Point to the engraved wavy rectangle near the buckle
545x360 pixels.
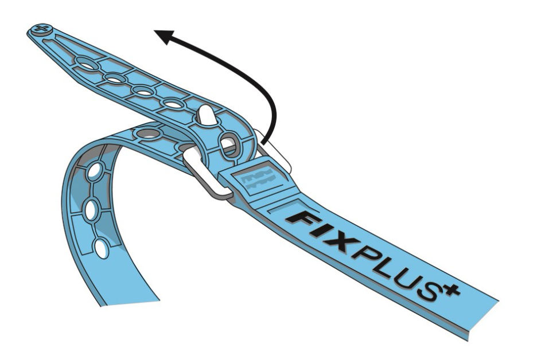(x=260, y=182)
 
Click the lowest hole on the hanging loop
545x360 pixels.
(x=102, y=248)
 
